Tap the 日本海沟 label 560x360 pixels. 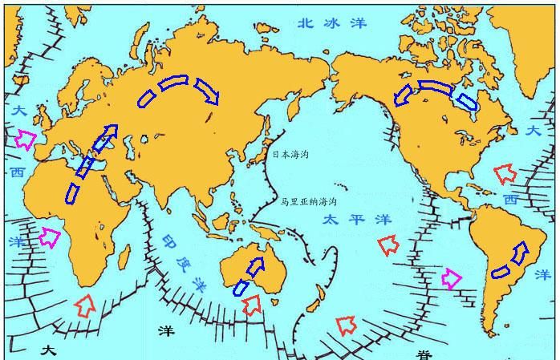pyautogui.click(x=290, y=154)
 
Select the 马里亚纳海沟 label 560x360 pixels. pyautogui.click(x=309, y=202)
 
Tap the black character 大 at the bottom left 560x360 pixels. pyautogui.click(x=49, y=350)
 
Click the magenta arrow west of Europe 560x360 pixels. pyautogui.click(x=25, y=140)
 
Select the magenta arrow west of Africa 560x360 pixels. pyautogui.click(x=50, y=237)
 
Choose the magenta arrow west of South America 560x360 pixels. pyautogui.click(x=452, y=278)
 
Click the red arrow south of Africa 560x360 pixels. pyautogui.click(x=84, y=304)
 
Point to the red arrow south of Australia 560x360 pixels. pyautogui.click(x=252, y=304)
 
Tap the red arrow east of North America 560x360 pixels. pyautogui.click(x=505, y=172)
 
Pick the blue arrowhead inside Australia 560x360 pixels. pyautogui.click(x=257, y=265)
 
